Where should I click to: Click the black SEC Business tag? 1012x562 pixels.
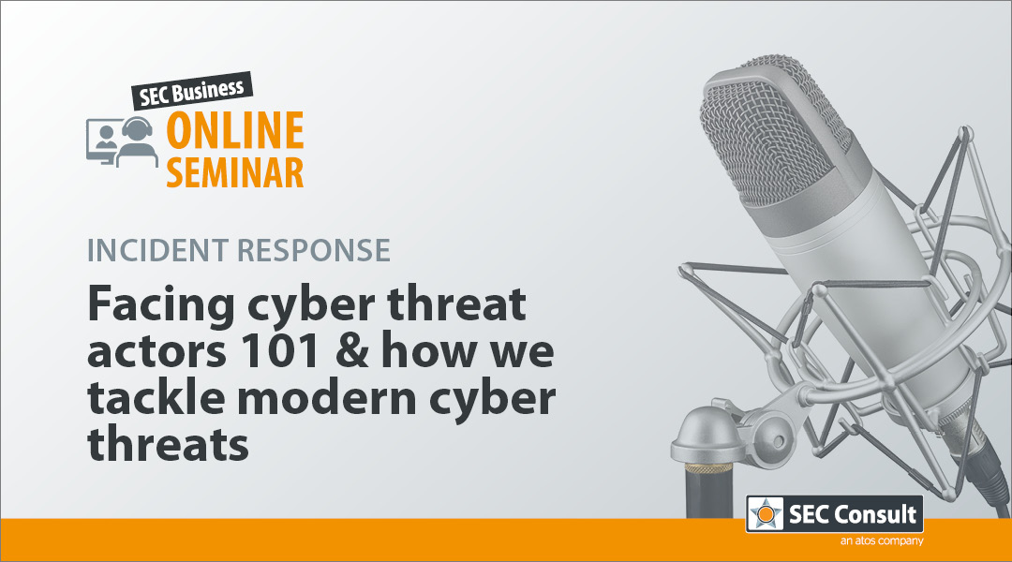pos(192,90)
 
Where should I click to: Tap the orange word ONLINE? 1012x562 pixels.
pos(235,130)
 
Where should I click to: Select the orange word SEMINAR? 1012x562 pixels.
pos(235,172)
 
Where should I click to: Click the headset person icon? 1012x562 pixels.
pos(137,141)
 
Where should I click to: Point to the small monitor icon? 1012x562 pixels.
pos(101,141)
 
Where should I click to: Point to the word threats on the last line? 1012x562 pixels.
pos(168,444)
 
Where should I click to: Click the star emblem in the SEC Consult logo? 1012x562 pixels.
pos(766,514)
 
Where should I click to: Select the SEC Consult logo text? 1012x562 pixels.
pos(853,514)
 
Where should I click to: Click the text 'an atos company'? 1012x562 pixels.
pos(882,540)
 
